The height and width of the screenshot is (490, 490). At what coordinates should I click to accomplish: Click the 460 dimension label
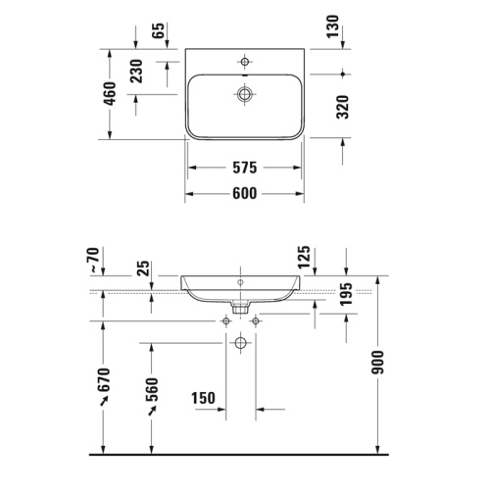110,93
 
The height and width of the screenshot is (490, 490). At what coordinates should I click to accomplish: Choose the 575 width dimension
244,167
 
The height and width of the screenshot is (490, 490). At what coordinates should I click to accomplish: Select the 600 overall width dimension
244,193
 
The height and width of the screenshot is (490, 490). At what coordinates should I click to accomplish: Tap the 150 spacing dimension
203,400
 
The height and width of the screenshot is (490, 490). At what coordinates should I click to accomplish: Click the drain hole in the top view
243,94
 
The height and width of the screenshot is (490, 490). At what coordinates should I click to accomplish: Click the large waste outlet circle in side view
241,343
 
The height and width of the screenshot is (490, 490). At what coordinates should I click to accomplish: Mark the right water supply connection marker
256,320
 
